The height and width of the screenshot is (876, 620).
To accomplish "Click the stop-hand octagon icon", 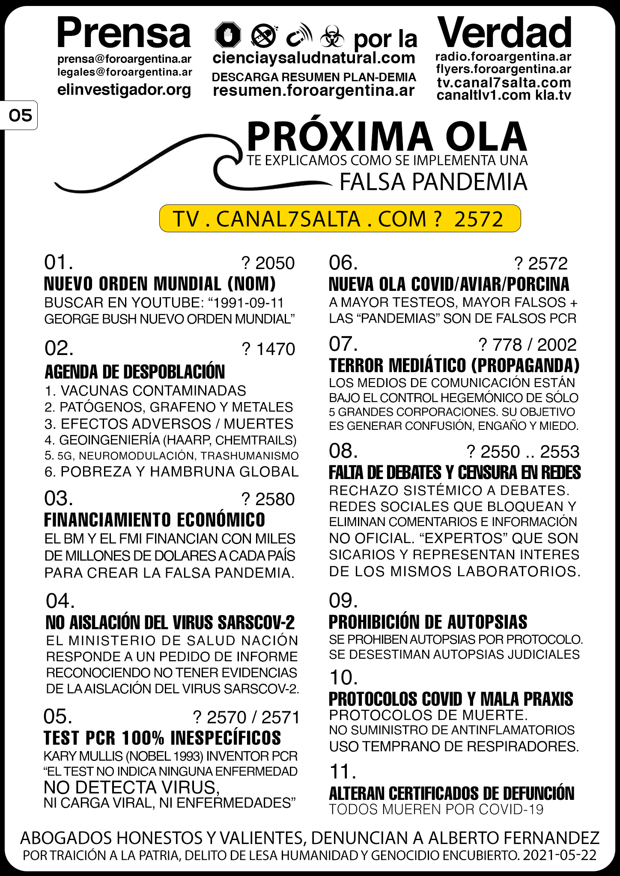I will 228,35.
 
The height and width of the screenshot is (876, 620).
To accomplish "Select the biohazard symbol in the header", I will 332,37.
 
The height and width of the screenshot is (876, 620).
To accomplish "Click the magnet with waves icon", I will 298,35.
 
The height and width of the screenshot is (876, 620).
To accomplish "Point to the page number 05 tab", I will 20,115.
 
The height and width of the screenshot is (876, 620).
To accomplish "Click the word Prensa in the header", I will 124,33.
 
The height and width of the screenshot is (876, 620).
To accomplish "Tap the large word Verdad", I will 504,33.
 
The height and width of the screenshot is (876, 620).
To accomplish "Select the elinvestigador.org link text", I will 124,90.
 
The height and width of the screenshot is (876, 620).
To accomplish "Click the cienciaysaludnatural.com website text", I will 314,58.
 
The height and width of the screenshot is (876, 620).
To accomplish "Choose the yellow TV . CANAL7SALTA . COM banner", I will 340,219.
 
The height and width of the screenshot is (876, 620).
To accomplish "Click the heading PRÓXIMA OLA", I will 387,136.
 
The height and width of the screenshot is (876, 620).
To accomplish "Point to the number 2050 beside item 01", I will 275,263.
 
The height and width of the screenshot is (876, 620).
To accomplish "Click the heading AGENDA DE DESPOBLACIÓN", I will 134,372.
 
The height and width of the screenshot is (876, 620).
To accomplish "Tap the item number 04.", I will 60,601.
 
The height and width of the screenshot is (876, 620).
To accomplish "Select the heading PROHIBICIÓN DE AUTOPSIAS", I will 428,622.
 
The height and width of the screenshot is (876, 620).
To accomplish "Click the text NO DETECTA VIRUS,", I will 131,787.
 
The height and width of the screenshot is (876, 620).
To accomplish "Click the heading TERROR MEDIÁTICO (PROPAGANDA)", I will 454,365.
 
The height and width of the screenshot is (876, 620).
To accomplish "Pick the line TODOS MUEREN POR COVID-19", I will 436,809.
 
